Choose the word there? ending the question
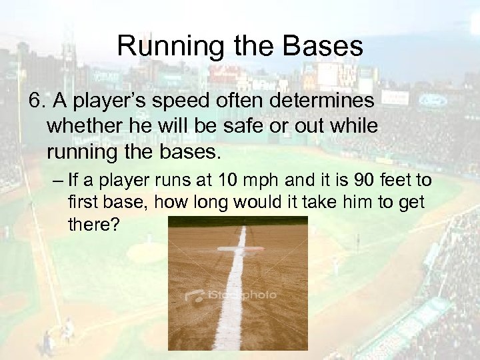pos(93,225)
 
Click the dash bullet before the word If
pos(53,181)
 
